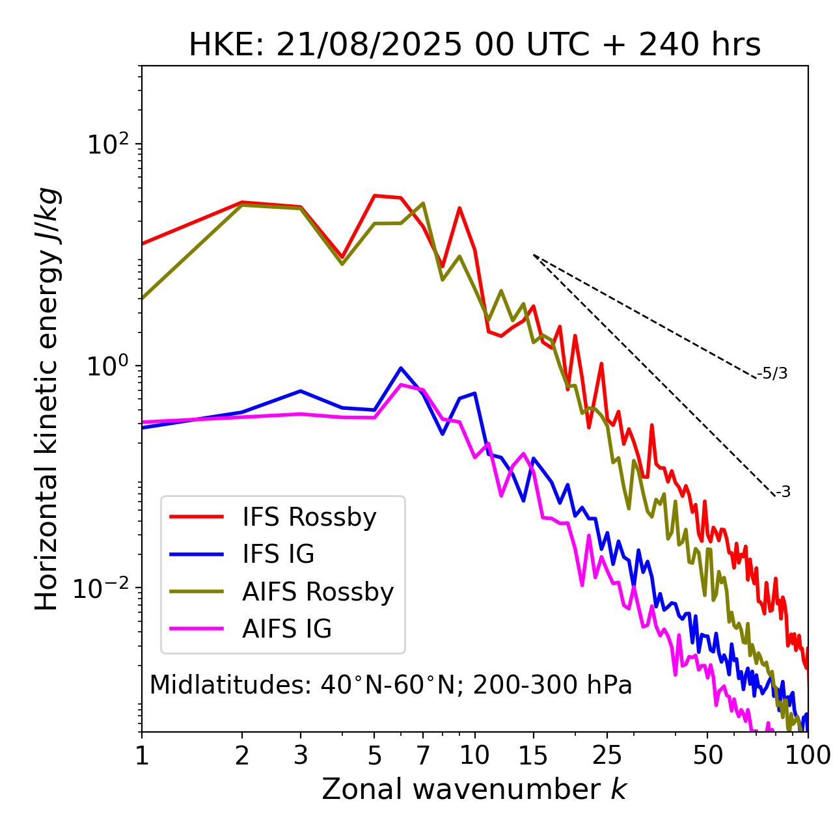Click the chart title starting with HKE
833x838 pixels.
click(474, 46)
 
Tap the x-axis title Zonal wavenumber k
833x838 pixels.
click(474, 789)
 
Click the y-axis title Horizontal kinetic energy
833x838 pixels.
click(48, 399)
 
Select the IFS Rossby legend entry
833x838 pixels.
click(309, 517)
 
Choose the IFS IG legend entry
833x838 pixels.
click(278, 554)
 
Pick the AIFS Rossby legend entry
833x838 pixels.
click(318, 592)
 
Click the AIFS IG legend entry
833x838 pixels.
click(286, 629)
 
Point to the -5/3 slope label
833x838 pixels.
click(772, 373)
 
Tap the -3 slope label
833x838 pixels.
click(783, 493)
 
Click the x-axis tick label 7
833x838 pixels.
click(423, 755)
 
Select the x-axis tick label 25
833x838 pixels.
click(607, 755)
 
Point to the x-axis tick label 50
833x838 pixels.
click(707, 755)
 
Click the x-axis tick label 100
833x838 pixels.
click(808, 755)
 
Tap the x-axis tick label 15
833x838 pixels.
click(533, 755)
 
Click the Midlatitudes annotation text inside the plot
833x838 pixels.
click(390, 685)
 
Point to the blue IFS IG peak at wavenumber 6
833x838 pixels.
click(401, 368)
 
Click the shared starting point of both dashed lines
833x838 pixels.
click(534, 255)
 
